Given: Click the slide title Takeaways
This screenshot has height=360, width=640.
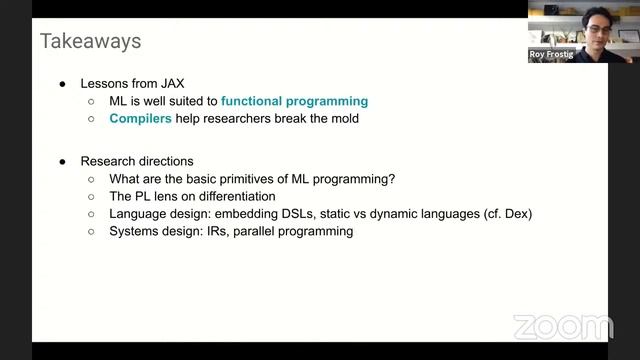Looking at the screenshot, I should tap(90, 41).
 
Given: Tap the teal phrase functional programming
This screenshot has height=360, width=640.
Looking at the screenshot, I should tap(295, 101).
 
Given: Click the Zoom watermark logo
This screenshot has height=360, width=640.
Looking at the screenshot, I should tap(562, 327).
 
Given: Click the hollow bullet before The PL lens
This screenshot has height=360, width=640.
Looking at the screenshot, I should tap(91, 197).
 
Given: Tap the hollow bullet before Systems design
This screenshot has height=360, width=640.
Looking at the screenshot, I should tap(91, 232).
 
